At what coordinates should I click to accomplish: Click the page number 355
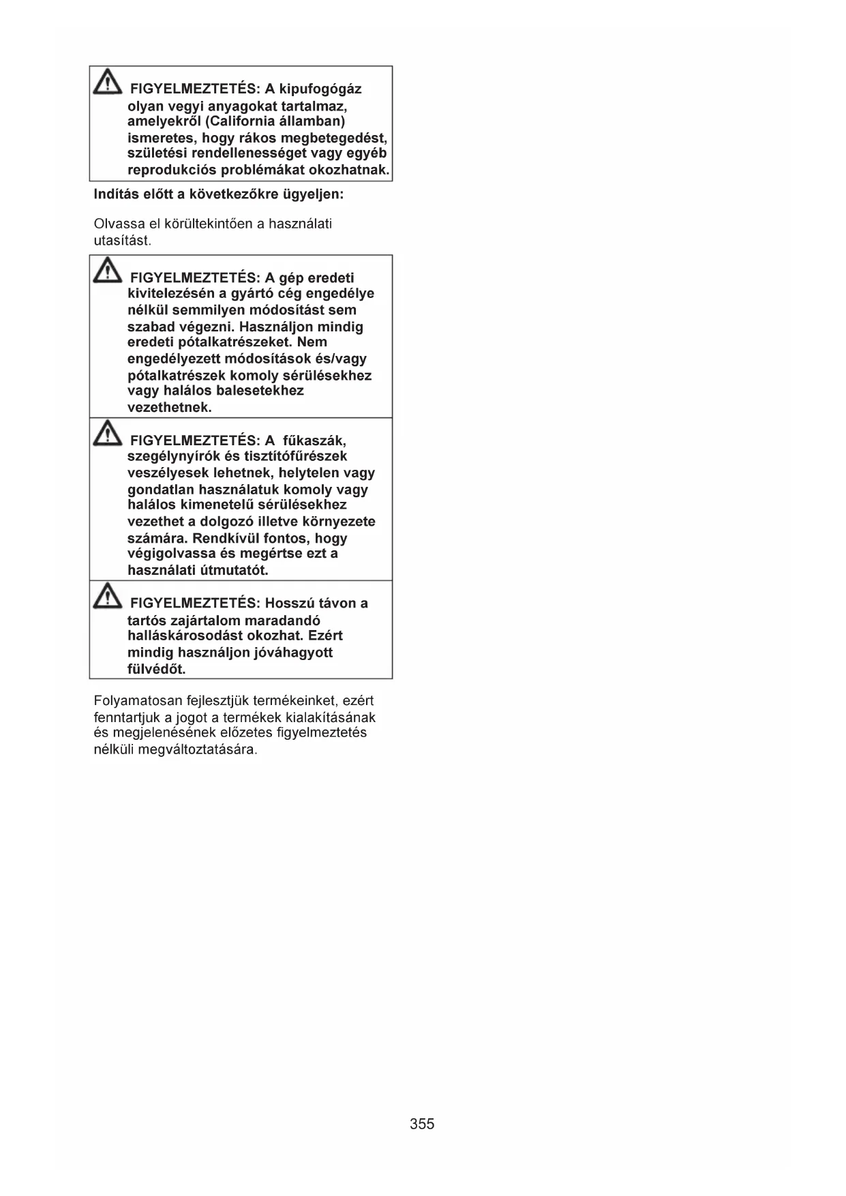[x=422, y=1124]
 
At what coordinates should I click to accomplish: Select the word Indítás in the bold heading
[x=115, y=194]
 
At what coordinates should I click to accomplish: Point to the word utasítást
[x=122, y=241]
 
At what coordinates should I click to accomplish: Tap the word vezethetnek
[x=169, y=408]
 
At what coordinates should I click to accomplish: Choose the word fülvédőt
[x=156, y=669]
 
